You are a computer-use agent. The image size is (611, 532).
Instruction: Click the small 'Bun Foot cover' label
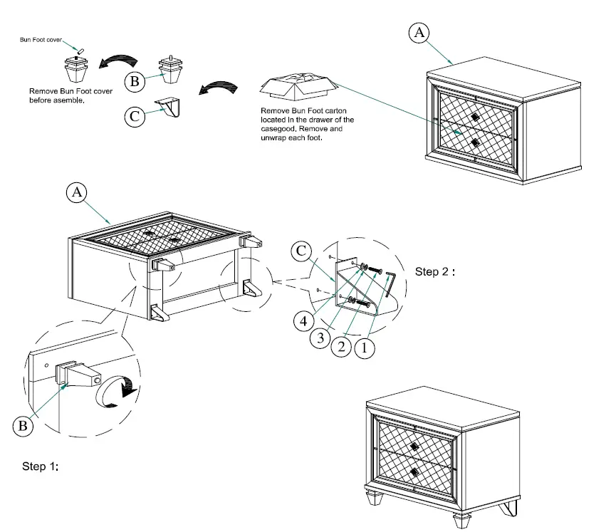click(42, 41)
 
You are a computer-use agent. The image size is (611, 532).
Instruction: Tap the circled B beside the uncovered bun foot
click(134, 81)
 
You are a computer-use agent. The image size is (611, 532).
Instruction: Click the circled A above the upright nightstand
click(419, 32)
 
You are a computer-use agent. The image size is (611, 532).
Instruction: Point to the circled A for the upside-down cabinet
click(77, 192)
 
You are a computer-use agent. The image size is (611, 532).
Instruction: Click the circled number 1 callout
click(364, 349)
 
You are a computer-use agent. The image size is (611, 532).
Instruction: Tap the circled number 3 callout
click(322, 338)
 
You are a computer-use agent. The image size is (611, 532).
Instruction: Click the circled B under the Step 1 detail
click(23, 426)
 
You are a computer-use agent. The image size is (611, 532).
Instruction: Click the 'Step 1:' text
click(40, 466)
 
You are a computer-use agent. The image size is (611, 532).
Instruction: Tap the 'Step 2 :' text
click(435, 272)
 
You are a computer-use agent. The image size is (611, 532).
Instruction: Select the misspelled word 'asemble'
click(68, 100)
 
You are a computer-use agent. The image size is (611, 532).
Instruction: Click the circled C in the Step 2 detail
click(302, 251)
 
